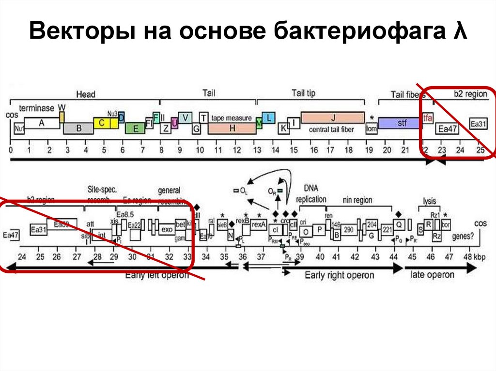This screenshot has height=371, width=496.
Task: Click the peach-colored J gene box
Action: [x=332, y=118]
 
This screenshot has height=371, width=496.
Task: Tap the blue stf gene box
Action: [x=400, y=123]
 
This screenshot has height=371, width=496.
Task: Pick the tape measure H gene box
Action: [x=232, y=128]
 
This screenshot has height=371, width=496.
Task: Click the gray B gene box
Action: [x=78, y=129]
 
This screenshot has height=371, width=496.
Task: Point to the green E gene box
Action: [x=135, y=128]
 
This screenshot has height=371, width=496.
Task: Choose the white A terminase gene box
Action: [x=42, y=123]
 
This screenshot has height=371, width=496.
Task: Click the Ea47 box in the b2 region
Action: [x=445, y=129]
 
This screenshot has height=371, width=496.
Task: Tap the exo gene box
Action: [x=166, y=228]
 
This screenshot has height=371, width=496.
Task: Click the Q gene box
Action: [x=399, y=225]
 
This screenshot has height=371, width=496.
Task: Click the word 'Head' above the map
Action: [x=86, y=94]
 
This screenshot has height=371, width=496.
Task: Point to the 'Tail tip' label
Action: [x=303, y=93]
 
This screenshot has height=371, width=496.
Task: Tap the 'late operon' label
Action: [x=433, y=275]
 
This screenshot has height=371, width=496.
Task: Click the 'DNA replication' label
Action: [x=314, y=193]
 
